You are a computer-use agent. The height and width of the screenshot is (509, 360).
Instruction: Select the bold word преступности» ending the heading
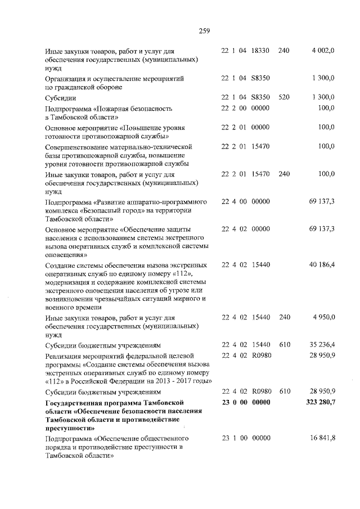[70, 428]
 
